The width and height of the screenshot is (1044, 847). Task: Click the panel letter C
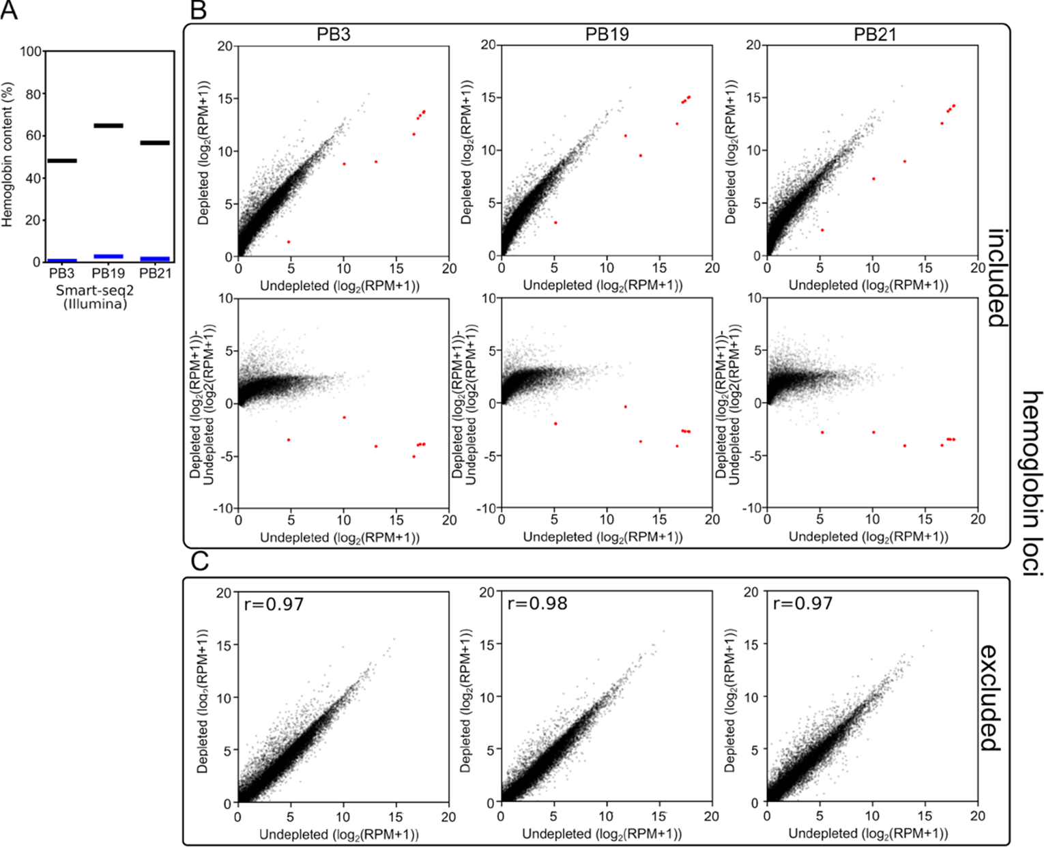pyautogui.click(x=199, y=562)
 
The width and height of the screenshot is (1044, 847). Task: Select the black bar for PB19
pyautogui.click(x=108, y=126)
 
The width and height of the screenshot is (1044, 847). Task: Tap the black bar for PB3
pyautogui.click(x=62, y=161)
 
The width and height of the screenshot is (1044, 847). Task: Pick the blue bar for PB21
pyautogui.click(x=155, y=259)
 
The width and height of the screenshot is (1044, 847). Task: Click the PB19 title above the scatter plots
pyautogui.click(x=607, y=34)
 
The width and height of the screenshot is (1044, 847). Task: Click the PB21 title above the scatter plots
pyautogui.click(x=874, y=34)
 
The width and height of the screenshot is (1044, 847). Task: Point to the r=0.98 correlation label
pyautogui.click(x=537, y=603)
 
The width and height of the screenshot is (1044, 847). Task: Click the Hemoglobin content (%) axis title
pyautogui.click(x=8, y=155)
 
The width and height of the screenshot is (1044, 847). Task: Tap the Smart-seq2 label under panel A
pyautogui.click(x=95, y=290)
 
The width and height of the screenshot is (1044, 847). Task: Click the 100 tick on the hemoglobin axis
pyautogui.click(x=31, y=52)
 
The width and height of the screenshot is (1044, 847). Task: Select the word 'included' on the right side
pyautogui.click(x=998, y=278)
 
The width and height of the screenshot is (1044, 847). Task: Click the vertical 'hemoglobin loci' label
pyautogui.click(x=1032, y=484)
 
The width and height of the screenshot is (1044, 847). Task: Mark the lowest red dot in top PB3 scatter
pyautogui.click(x=289, y=242)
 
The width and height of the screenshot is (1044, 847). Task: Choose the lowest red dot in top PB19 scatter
pyautogui.click(x=555, y=222)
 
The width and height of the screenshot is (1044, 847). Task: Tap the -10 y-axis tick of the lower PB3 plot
pyautogui.click(x=223, y=508)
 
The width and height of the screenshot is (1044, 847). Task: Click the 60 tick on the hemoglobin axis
pyautogui.click(x=33, y=136)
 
